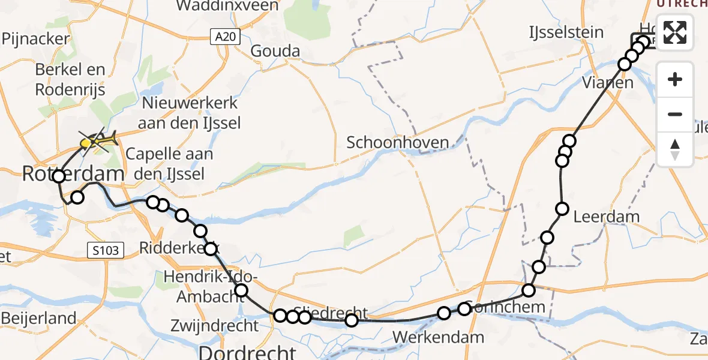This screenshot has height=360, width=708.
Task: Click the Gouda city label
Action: point(275,51)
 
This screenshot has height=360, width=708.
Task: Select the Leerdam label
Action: point(607,217)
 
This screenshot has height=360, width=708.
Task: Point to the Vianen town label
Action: point(608,83)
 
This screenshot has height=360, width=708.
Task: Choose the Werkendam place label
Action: point(439,337)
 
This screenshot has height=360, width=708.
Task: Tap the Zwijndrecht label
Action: point(214,326)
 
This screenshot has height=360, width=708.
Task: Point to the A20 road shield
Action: point(226,37)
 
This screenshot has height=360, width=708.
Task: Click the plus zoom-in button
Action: point(675,79)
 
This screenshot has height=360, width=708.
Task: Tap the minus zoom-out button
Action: point(675,114)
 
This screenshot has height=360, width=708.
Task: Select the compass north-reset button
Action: point(675,149)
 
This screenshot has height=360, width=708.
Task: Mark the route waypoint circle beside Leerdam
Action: point(562,209)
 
